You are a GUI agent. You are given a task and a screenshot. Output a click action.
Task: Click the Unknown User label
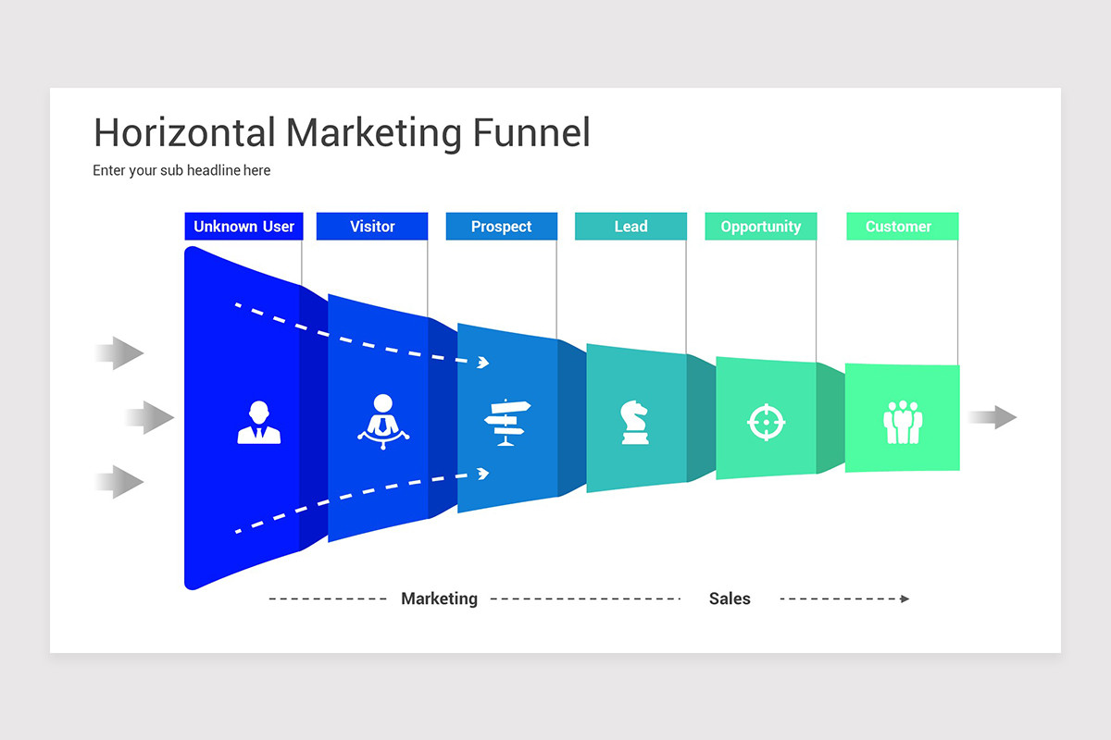(243, 227)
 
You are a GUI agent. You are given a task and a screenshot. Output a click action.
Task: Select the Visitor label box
(372, 227)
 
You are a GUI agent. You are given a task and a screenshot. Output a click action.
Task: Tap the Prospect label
(501, 227)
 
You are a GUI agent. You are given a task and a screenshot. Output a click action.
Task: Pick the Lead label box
(630, 227)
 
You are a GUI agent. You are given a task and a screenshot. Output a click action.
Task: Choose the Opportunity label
(760, 227)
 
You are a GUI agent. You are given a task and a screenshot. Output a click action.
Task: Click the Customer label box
(898, 227)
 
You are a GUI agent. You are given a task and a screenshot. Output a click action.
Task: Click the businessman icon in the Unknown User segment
(259, 423)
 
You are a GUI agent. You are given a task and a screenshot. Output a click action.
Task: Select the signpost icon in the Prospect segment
(507, 423)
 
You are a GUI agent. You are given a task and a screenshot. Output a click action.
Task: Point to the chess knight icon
(634, 422)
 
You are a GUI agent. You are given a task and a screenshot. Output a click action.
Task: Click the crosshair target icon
(766, 422)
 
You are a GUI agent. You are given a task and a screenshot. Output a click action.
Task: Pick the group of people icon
(903, 422)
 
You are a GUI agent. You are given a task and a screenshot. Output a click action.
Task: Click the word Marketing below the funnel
(439, 598)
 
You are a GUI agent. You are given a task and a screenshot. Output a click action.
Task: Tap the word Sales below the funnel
(730, 598)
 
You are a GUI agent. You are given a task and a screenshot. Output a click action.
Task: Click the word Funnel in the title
(531, 133)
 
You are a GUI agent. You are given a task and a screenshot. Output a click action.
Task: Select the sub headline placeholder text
(181, 170)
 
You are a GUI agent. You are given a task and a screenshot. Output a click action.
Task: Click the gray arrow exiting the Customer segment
(992, 417)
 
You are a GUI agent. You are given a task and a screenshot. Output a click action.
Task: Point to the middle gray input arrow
(150, 418)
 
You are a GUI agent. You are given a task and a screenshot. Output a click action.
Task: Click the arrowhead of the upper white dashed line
(482, 363)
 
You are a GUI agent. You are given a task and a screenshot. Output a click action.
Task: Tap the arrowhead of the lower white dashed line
(482, 474)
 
